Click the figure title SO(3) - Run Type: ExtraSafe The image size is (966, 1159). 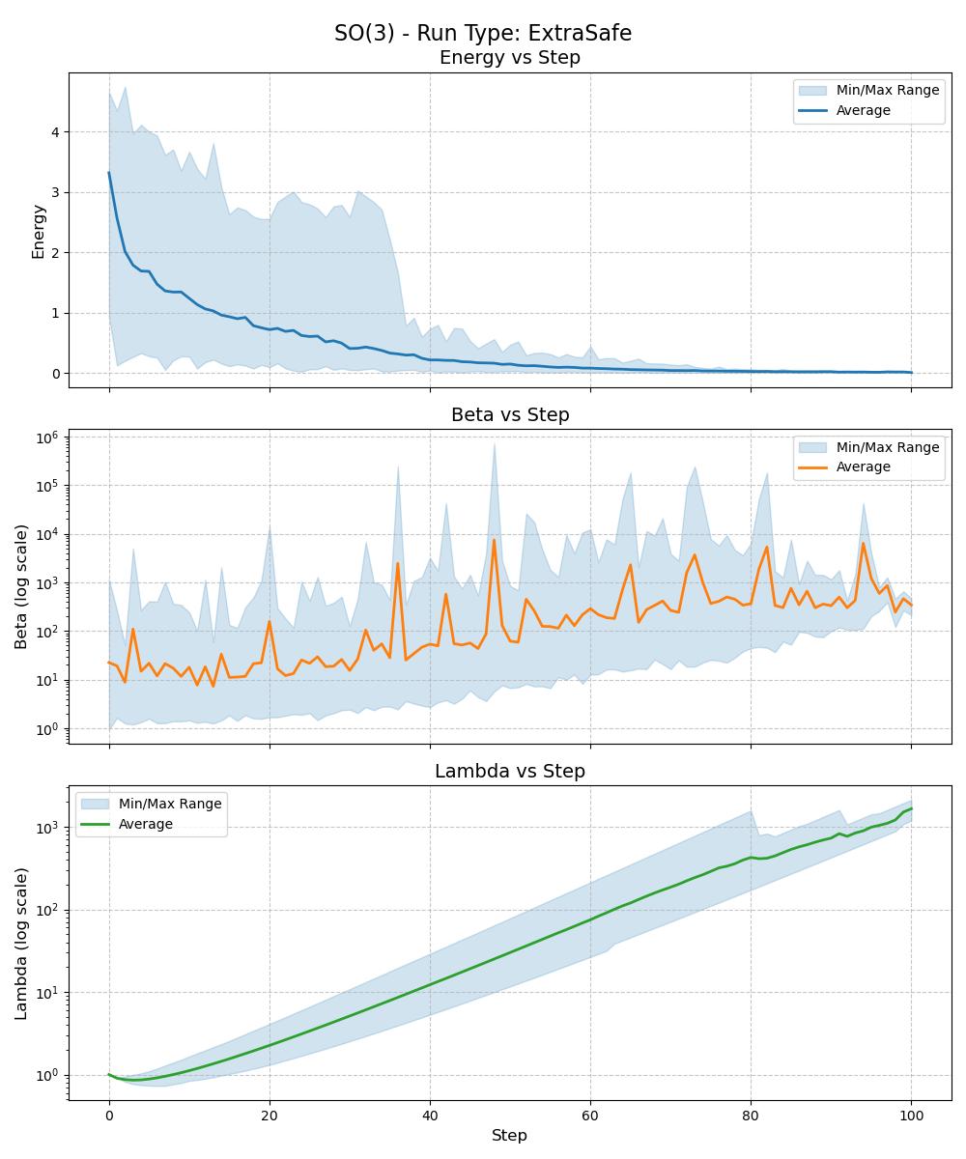click(x=483, y=33)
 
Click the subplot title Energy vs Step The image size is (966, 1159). click(x=510, y=58)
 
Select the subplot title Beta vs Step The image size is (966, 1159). click(x=510, y=414)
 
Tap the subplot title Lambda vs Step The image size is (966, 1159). click(x=510, y=771)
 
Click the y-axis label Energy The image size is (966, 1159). click(x=39, y=232)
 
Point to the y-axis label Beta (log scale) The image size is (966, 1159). click(x=21, y=586)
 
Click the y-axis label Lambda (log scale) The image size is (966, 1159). click(x=21, y=943)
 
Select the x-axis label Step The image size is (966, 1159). click(x=509, y=1135)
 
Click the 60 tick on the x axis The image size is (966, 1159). click(x=590, y=1116)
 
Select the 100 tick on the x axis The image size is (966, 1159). click(x=911, y=1116)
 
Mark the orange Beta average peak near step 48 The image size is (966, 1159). click(x=494, y=540)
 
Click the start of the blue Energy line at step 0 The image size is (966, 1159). click(x=109, y=173)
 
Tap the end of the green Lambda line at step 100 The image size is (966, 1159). click(x=911, y=808)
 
